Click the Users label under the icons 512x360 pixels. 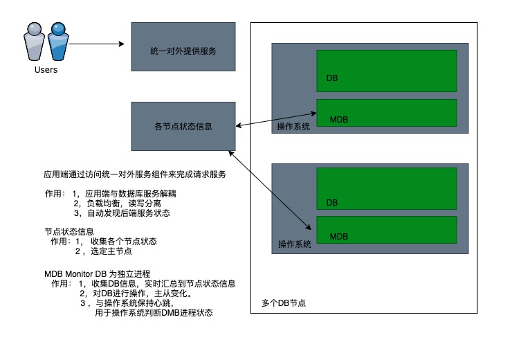pos(46,70)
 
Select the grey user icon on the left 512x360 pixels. pos(34,43)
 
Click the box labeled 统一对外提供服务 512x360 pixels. pos(183,46)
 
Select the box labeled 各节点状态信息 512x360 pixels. pos(183,126)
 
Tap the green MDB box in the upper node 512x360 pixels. pos(386,111)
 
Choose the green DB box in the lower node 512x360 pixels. pos(386,189)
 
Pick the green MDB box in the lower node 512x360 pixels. pos(386,229)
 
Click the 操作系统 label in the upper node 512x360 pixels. pos(293,126)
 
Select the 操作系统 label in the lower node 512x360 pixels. pos(293,244)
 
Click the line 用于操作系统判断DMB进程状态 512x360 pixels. pos(154,314)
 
